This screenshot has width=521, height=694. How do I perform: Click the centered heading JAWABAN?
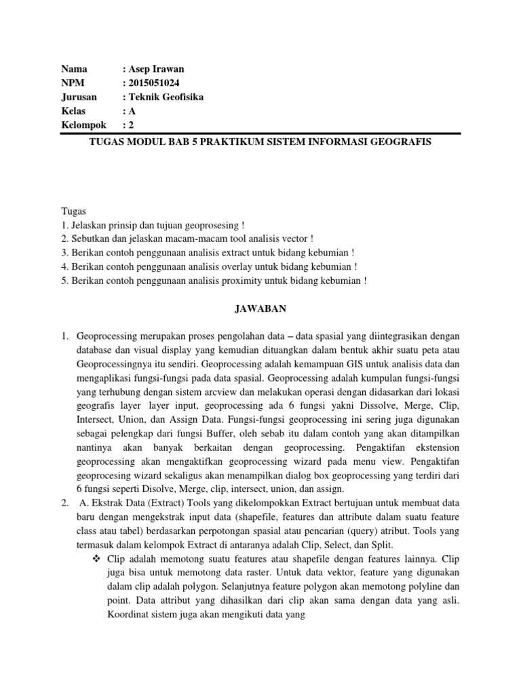(260, 308)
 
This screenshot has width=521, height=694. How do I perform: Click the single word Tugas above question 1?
(73, 212)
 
